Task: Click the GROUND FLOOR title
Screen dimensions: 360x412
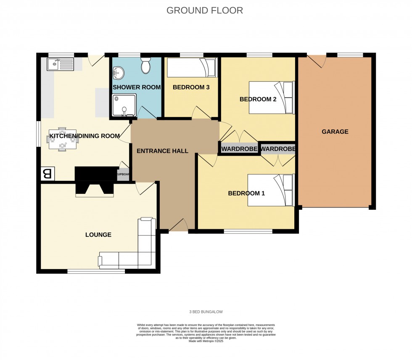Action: [x=205, y=11]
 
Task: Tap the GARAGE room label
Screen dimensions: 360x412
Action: [x=335, y=132]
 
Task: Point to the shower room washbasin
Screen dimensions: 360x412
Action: [x=118, y=73]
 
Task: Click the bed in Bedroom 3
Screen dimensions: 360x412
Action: [x=192, y=68]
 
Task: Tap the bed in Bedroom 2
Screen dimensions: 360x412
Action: [x=271, y=98]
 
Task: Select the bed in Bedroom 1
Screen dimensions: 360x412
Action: [x=270, y=190]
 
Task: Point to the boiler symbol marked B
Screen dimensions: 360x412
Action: [x=48, y=174]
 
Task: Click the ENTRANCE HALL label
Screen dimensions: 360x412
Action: [x=162, y=151]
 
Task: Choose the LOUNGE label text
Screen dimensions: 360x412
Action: [x=98, y=235]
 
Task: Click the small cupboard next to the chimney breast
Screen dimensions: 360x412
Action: [x=123, y=174]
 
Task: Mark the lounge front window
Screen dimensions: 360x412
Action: [x=96, y=271]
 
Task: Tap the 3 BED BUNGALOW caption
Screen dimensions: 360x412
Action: [x=206, y=312]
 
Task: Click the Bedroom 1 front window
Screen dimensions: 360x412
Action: [x=248, y=231]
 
